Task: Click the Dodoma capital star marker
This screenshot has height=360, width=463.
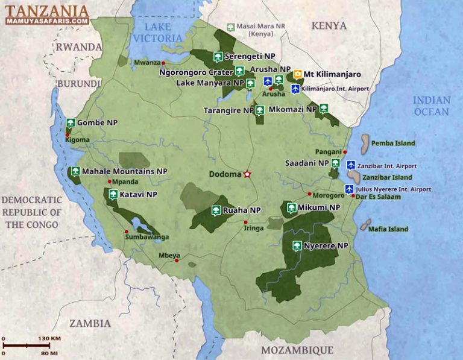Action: (247, 174)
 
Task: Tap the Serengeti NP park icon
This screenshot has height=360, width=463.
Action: (217, 58)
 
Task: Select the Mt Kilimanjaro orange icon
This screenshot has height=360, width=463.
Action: (297, 75)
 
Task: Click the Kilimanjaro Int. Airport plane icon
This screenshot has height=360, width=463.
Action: (295, 89)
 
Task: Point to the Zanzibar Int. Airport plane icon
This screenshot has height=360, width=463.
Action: (351, 165)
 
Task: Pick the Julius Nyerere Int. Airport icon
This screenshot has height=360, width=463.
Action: (348, 189)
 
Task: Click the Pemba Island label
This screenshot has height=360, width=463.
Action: (393, 144)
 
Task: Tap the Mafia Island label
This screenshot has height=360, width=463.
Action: (389, 229)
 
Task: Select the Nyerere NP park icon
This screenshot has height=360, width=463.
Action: (297, 246)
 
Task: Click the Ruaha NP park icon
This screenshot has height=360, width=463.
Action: (216, 210)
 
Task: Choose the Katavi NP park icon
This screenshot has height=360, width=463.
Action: (113, 195)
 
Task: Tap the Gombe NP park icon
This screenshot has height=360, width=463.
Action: (71, 122)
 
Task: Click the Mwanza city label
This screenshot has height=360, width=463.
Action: (146, 62)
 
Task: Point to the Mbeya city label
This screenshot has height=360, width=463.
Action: (169, 256)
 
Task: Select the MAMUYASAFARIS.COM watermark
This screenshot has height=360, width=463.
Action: (48, 21)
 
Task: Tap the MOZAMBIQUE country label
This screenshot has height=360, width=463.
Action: (297, 350)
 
